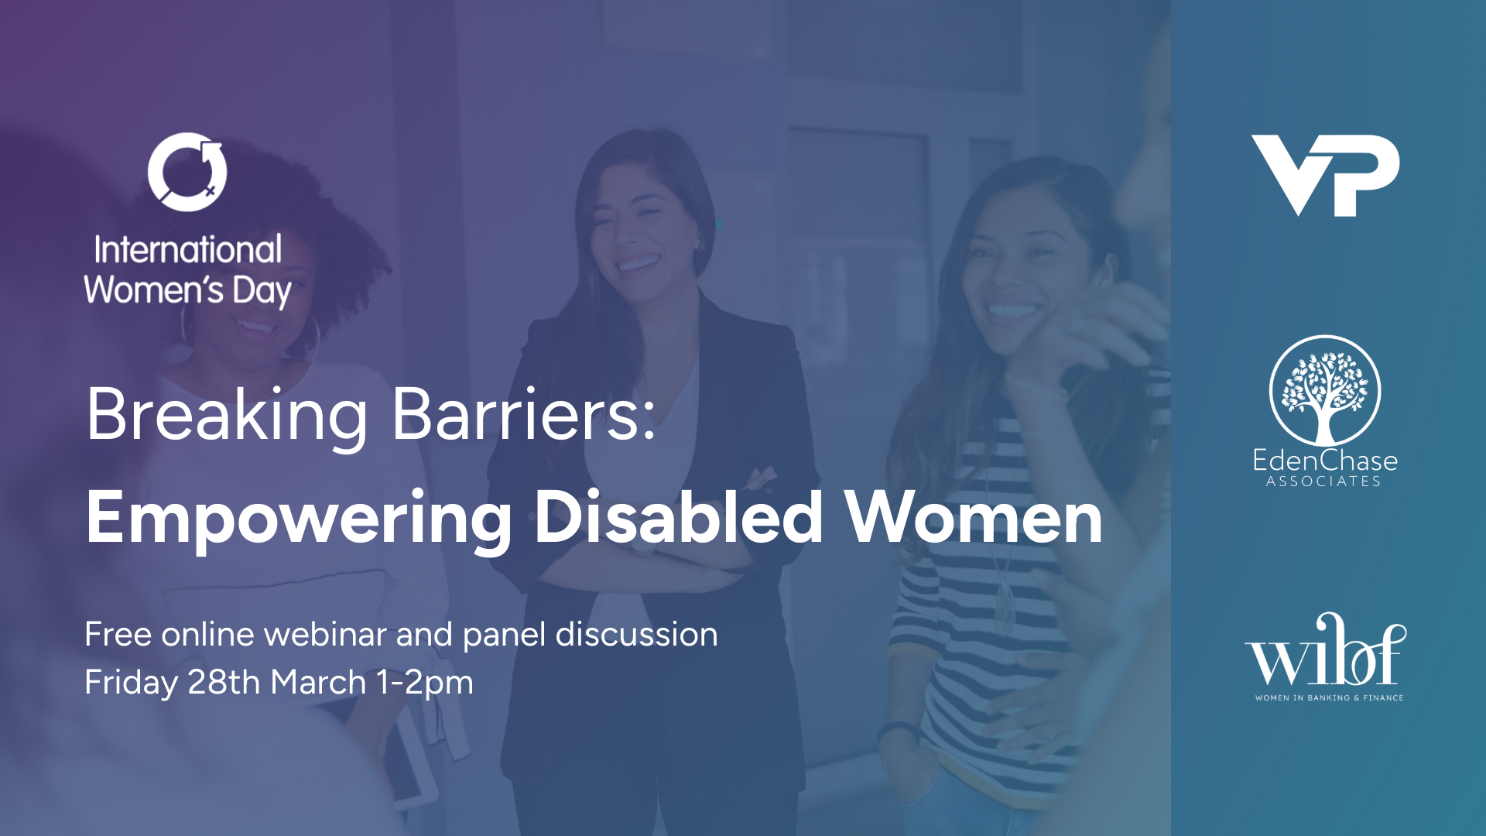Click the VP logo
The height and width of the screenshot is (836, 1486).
[1325, 175]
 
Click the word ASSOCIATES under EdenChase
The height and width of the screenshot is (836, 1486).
[1323, 481]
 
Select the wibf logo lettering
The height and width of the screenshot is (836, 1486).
[1325, 653]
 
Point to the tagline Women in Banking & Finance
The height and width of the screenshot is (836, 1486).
[1329, 697]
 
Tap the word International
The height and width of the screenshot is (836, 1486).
[188, 250]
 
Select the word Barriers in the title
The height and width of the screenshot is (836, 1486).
[524, 415]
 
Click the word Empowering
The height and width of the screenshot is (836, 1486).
[298, 519]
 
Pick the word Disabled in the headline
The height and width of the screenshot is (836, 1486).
[679, 517]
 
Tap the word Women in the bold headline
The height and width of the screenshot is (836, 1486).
[974, 517]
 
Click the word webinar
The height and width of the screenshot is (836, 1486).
[325, 635]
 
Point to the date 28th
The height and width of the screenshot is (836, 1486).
[224, 682]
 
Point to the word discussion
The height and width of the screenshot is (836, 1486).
[636, 635]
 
